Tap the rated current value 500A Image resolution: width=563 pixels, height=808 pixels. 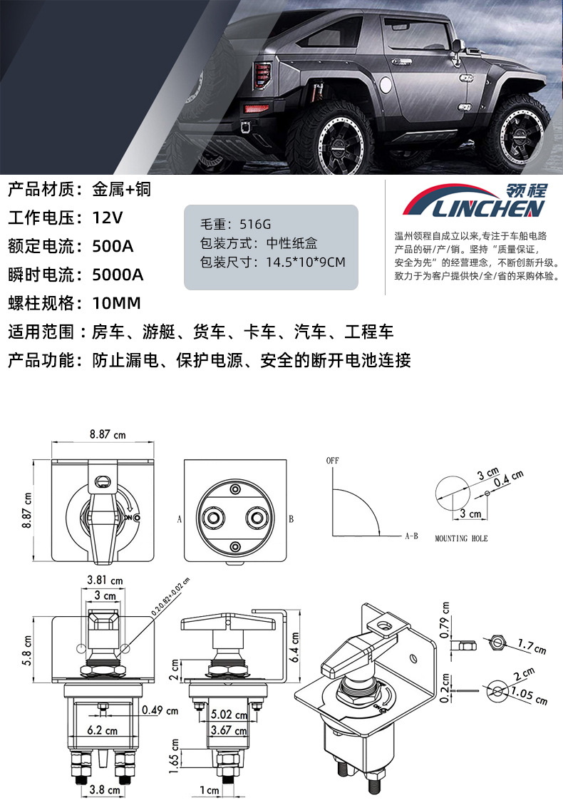[113, 246]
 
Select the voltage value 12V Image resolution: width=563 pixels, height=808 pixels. [108, 218]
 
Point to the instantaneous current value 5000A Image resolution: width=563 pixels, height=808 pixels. [118, 275]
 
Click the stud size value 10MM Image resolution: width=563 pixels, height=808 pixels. [116, 303]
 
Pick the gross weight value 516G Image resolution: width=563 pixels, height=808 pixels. [255, 224]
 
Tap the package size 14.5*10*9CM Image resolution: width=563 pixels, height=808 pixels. [306, 262]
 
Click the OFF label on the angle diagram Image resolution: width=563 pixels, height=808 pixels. [332, 460]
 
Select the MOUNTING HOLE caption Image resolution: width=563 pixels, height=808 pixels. [461, 538]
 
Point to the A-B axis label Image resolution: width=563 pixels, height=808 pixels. [412, 536]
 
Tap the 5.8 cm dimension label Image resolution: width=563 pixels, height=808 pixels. [27, 650]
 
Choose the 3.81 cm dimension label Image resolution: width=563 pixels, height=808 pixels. [105, 581]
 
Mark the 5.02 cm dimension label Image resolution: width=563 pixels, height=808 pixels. [229, 715]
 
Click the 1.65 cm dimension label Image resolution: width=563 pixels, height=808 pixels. [174, 756]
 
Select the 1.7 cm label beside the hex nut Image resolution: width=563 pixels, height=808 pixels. [532, 646]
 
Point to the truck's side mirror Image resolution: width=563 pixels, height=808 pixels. [456, 51]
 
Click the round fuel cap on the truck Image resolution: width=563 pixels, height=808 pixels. [386, 85]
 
